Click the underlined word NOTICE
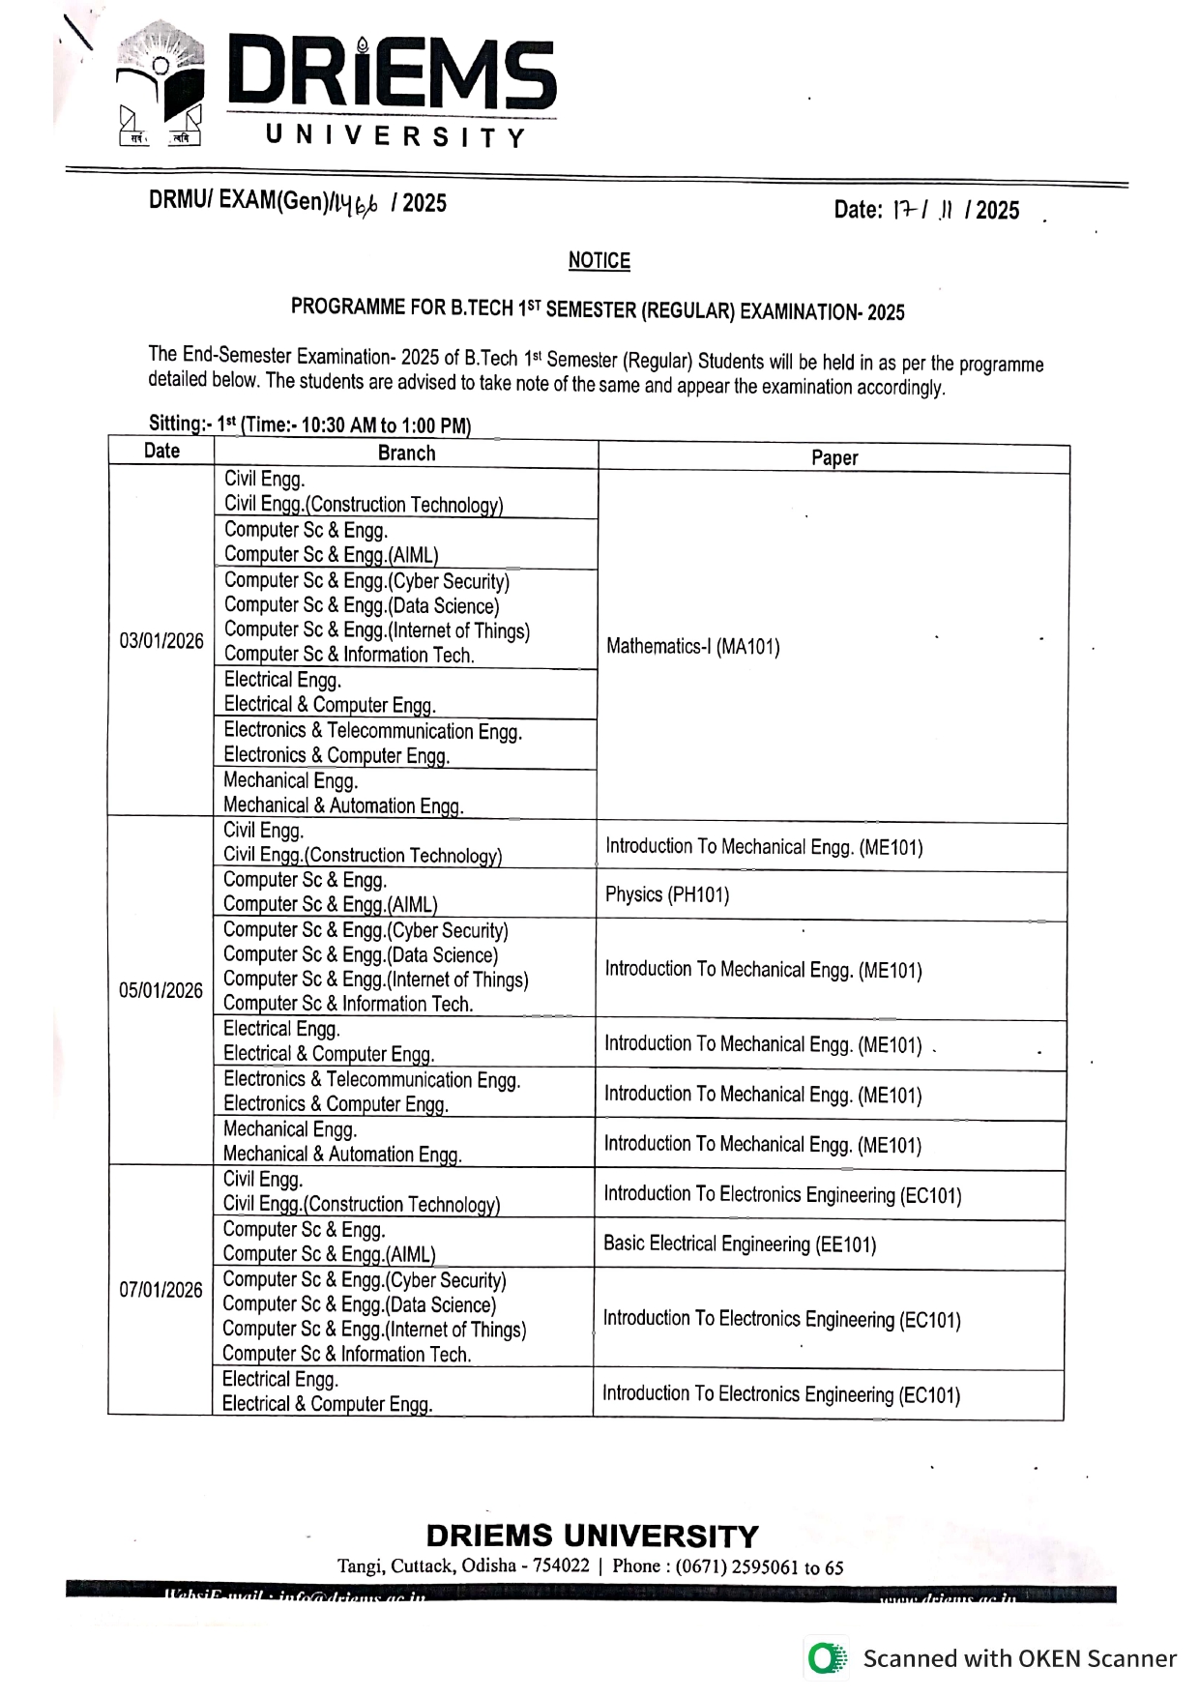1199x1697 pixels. (x=599, y=260)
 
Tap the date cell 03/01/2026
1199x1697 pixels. (x=161, y=641)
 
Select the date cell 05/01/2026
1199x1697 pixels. (x=161, y=991)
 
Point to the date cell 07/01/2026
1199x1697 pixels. (x=161, y=1291)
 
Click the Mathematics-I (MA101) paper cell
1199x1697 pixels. (x=693, y=647)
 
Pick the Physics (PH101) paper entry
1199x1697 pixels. (x=667, y=894)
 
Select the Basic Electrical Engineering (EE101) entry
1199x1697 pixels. (x=740, y=1243)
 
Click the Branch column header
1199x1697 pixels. (x=406, y=454)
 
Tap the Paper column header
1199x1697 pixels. (x=834, y=458)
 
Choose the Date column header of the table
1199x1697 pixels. (x=161, y=451)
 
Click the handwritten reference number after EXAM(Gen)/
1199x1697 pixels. (x=354, y=203)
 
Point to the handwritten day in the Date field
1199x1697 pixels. (x=904, y=210)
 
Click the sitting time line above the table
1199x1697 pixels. (x=309, y=424)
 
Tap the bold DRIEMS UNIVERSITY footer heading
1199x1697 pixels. (x=592, y=1536)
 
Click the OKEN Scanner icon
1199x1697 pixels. (x=825, y=1658)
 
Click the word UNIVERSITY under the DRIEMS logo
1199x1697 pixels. (x=395, y=136)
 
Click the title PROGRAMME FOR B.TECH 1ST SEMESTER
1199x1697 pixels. (x=598, y=309)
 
